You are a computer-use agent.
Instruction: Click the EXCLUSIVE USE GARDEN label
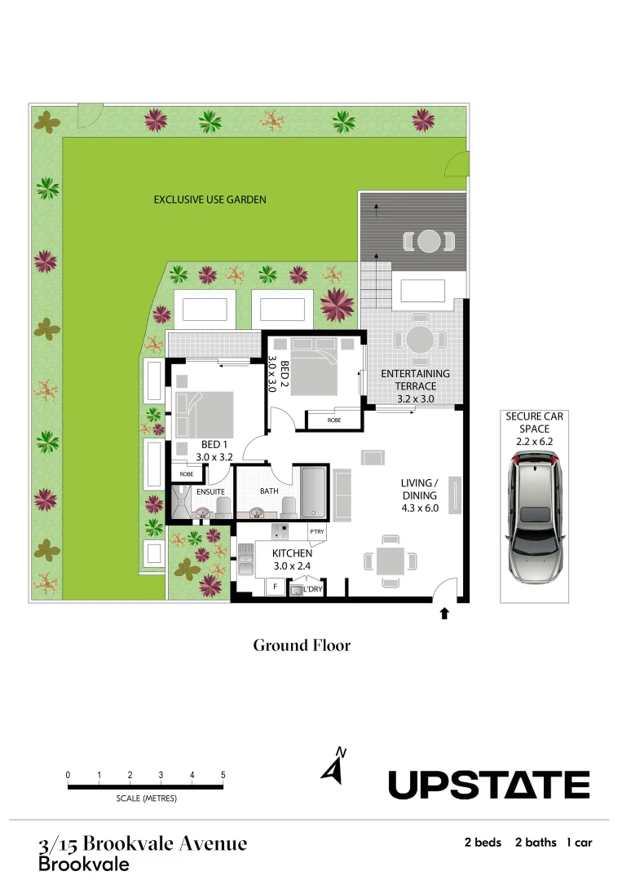click(210, 199)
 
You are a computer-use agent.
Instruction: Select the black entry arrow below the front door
click(444, 614)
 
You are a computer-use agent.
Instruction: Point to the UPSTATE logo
click(487, 785)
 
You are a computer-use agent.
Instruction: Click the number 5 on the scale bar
click(223, 774)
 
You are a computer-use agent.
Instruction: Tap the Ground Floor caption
click(302, 645)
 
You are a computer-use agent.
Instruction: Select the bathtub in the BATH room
click(314, 491)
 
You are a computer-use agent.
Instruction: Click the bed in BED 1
click(204, 414)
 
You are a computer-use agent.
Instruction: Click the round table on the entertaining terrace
click(420, 339)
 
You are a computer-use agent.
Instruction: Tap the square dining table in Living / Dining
click(390, 561)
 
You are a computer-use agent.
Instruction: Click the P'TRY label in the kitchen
click(317, 531)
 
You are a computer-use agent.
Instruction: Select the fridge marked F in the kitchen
click(276, 586)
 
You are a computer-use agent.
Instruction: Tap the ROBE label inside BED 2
click(334, 420)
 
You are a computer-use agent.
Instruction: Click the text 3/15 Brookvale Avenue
click(143, 843)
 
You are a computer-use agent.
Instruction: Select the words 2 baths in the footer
click(536, 843)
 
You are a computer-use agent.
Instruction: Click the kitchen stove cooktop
click(280, 530)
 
